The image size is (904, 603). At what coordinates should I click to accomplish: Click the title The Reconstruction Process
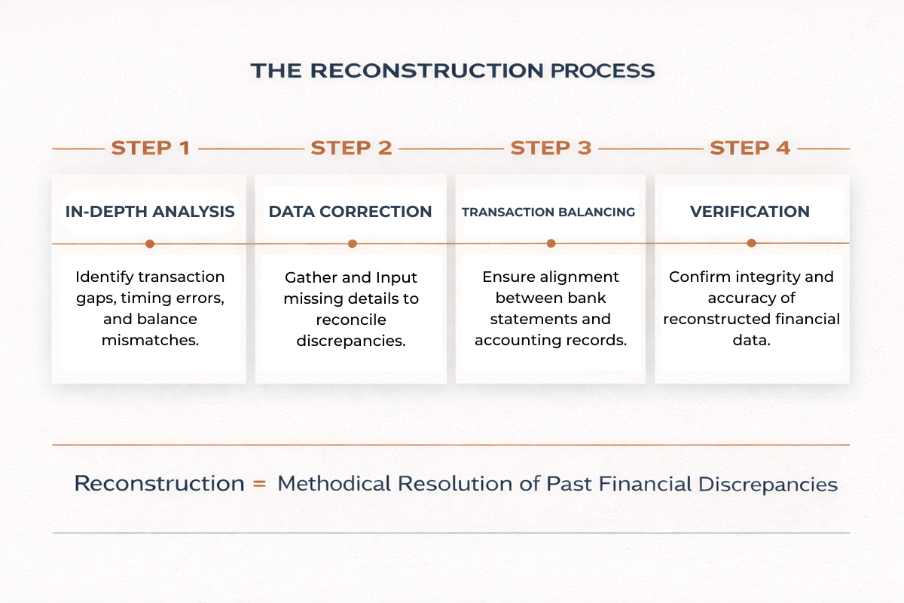[x=452, y=71]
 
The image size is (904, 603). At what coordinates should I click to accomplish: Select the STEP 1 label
[x=151, y=148]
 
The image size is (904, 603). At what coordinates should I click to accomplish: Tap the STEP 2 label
[x=351, y=148]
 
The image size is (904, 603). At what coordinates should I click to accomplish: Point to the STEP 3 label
[x=551, y=148]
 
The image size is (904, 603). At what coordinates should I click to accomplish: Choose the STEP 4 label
[x=750, y=148]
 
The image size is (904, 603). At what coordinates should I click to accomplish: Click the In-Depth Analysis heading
[x=150, y=212]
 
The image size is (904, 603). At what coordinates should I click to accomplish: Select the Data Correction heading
[x=350, y=212]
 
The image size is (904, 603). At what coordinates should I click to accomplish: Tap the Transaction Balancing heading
[x=548, y=213]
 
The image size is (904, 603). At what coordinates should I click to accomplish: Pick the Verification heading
[x=750, y=212]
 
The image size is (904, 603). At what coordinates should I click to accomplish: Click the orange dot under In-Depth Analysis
[x=150, y=243]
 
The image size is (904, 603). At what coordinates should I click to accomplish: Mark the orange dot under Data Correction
[x=352, y=243]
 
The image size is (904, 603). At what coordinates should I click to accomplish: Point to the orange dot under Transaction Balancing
[x=551, y=243]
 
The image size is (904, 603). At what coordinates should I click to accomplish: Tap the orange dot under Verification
[x=751, y=243]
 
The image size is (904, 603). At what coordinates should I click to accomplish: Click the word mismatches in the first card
[x=150, y=340]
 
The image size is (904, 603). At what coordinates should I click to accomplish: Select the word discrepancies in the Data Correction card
[x=350, y=341]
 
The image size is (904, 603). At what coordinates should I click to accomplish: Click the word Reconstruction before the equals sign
[x=159, y=483]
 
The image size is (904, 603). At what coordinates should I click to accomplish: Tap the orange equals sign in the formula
[x=259, y=484]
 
